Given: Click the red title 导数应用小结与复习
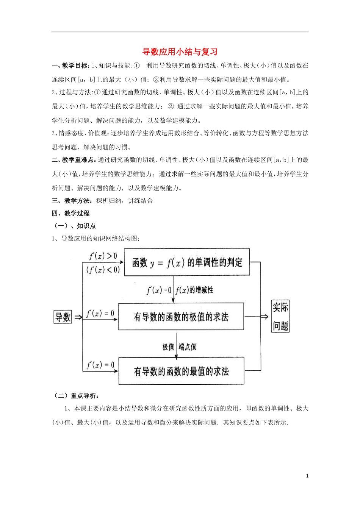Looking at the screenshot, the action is click(x=180, y=52).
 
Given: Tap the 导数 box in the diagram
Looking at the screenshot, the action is click(x=63, y=317).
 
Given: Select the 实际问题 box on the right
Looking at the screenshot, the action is click(x=280, y=317).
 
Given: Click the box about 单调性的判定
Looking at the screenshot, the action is click(x=187, y=262).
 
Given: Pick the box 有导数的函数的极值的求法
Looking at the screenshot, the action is click(x=181, y=317).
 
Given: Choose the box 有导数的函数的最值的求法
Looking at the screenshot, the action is click(x=181, y=371).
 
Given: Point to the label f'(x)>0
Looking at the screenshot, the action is click(x=103, y=256).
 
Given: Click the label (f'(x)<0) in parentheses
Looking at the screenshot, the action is click(x=103, y=270).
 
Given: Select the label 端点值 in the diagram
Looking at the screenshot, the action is click(x=188, y=347).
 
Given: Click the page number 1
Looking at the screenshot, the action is click(x=307, y=476).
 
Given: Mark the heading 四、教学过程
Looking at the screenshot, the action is click(x=70, y=213).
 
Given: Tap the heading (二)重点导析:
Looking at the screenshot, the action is click(x=76, y=396).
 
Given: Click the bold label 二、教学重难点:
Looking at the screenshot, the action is click(x=74, y=160).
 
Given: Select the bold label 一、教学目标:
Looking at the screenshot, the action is click(x=70, y=66).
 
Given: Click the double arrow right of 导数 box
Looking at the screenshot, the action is click(x=78, y=317).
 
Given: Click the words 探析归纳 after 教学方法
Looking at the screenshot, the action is click(x=109, y=201).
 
